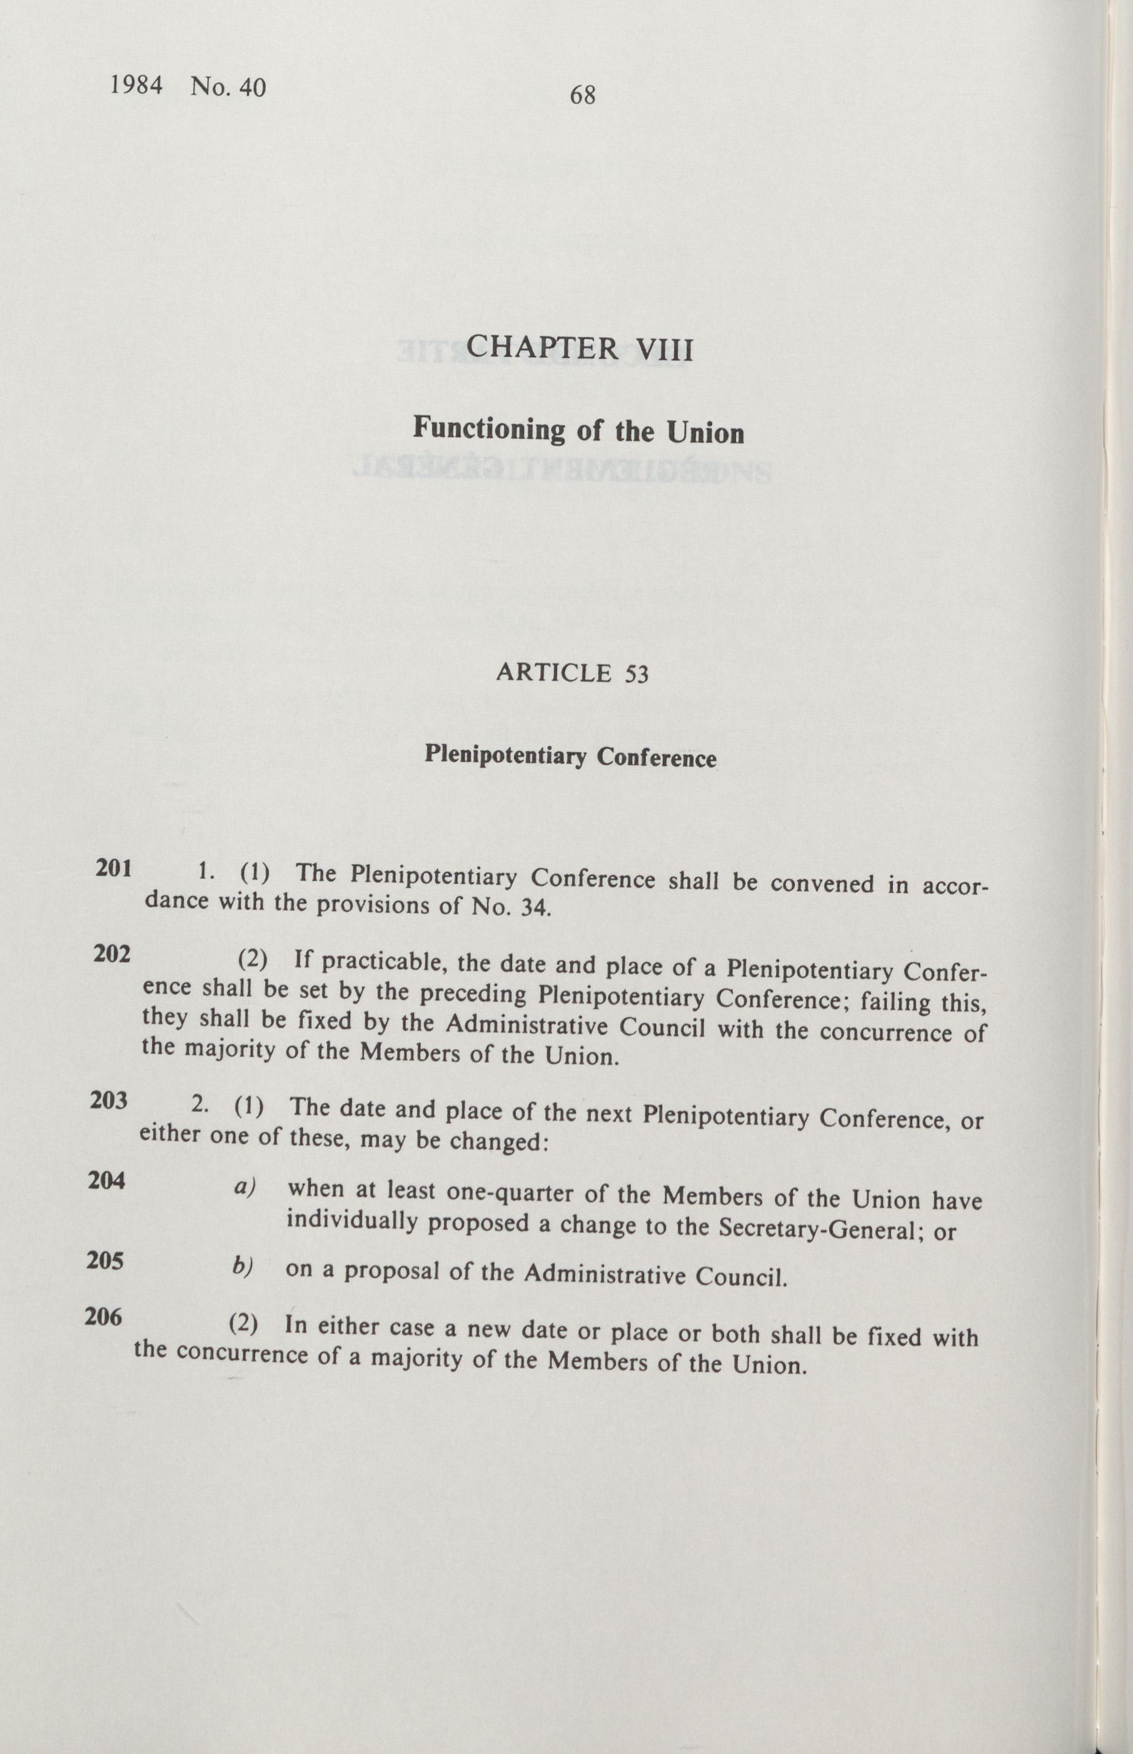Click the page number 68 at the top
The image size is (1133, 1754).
click(582, 95)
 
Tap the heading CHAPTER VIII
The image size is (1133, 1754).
click(580, 348)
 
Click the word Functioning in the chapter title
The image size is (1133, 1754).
click(489, 428)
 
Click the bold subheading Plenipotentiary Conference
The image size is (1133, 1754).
click(570, 757)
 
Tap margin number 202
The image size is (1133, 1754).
click(112, 954)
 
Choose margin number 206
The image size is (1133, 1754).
click(103, 1316)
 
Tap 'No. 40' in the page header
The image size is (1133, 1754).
click(228, 87)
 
